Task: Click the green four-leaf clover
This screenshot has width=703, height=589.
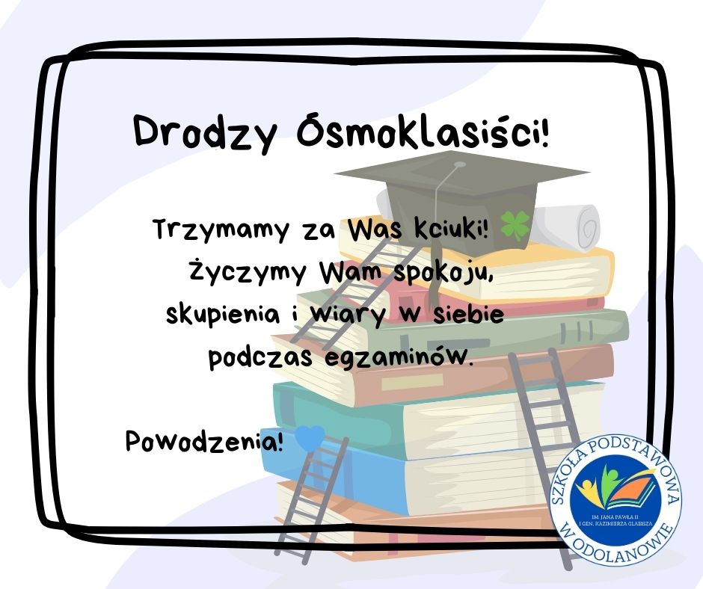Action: point(515,224)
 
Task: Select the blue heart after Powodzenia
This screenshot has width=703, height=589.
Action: point(310,437)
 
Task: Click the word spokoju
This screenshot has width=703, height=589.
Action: point(443,274)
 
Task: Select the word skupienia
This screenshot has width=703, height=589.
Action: point(223,314)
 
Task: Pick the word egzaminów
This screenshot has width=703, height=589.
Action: point(398,357)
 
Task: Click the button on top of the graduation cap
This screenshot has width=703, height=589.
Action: point(459,165)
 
